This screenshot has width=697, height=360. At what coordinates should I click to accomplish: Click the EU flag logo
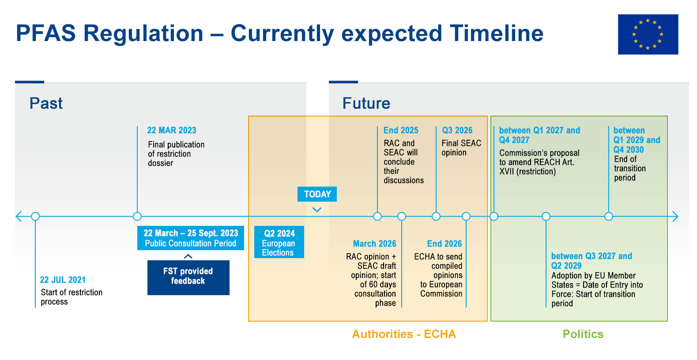click(x=648, y=34)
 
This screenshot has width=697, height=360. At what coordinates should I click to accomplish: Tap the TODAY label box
click(x=317, y=194)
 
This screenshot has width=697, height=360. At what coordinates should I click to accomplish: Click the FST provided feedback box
click(x=188, y=277)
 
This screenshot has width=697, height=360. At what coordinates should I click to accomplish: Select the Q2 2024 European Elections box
click(x=279, y=242)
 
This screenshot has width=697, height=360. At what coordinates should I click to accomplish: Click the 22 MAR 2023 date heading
click(x=171, y=130)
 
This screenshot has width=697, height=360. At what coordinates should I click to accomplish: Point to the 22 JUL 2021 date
click(x=63, y=280)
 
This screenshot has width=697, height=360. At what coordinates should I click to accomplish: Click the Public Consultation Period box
click(x=190, y=238)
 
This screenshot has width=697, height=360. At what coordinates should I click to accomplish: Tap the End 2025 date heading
click(x=400, y=130)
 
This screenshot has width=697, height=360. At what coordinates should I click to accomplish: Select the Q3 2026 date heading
click(x=457, y=130)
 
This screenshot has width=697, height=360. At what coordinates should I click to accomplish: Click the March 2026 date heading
click(x=374, y=244)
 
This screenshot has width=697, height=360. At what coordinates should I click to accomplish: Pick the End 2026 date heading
click(x=444, y=244)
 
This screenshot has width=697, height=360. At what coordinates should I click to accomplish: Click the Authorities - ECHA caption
click(x=404, y=334)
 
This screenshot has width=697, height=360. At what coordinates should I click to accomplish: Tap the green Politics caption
click(x=583, y=334)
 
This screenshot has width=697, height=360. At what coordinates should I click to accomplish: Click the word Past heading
click(x=46, y=103)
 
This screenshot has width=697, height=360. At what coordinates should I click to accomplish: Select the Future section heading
click(x=366, y=103)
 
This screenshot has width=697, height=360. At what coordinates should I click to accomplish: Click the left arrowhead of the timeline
click(x=19, y=216)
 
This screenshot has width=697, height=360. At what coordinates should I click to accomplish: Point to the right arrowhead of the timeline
click(x=675, y=216)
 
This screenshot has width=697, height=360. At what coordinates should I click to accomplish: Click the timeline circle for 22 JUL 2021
click(x=35, y=216)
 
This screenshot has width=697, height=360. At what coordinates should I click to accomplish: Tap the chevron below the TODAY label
click(x=317, y=210)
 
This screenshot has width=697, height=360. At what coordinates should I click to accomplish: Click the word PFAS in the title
click(x=45, y=34)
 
